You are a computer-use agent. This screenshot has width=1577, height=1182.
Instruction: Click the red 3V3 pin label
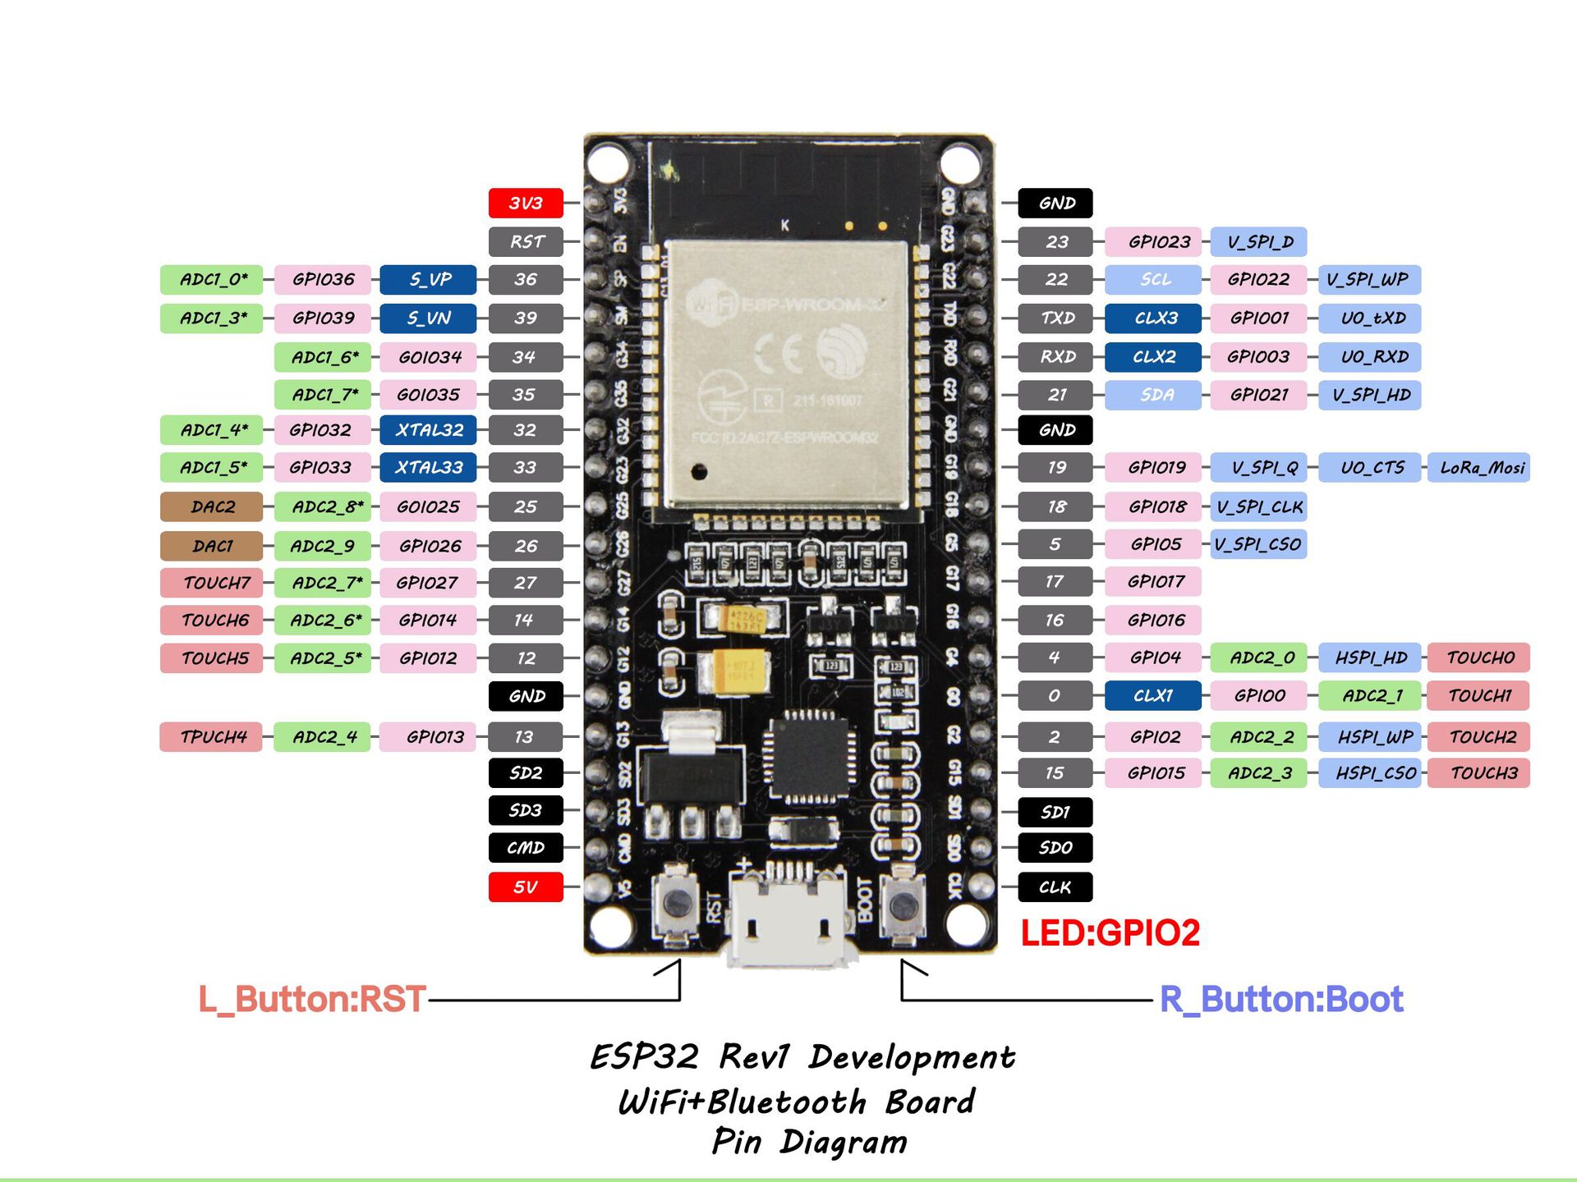526,203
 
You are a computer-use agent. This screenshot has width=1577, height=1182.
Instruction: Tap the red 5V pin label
526,887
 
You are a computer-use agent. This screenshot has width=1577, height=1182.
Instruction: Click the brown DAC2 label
212,506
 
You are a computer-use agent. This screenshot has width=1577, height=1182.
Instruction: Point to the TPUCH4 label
212,736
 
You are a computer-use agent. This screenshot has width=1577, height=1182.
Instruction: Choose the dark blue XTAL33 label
428,468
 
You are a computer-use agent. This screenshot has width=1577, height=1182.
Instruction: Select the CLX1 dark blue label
1153,695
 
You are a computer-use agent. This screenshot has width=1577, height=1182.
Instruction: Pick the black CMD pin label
526,848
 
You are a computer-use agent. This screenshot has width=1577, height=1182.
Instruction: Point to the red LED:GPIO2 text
1110,933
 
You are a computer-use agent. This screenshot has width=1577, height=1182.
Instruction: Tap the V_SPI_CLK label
1258,506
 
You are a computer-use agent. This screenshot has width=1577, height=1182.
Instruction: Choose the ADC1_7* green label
323,395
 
